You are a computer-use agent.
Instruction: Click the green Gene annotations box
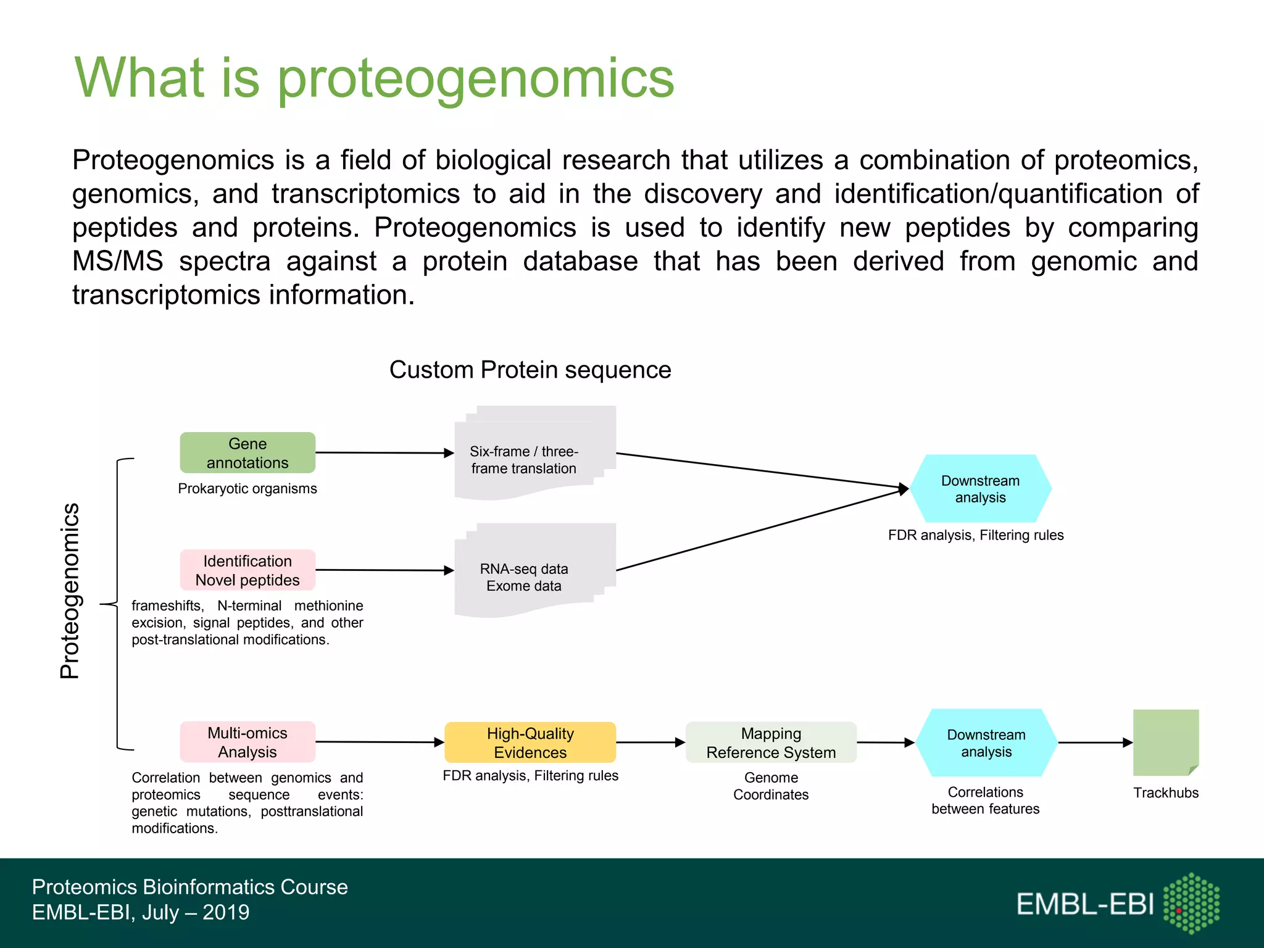247,452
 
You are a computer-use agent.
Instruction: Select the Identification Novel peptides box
247,570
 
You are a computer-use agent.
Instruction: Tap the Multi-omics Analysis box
247,742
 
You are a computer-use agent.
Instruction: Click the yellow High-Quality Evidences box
530,742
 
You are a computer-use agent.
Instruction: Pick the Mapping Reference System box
771,742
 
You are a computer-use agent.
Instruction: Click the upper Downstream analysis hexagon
980,489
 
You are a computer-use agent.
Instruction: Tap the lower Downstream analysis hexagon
986,742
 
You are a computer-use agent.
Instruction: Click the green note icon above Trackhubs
1165,742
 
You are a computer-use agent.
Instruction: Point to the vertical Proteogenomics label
70,591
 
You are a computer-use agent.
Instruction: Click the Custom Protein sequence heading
530,370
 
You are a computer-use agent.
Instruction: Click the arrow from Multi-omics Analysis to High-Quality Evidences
379,742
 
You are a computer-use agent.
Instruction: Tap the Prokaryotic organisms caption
247,488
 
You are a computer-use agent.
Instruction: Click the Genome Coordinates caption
771,786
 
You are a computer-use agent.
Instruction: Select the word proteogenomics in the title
475,78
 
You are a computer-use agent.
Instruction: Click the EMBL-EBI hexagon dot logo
1191,903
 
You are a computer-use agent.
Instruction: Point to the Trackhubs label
1165,792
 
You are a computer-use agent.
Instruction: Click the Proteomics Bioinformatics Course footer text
189,887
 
